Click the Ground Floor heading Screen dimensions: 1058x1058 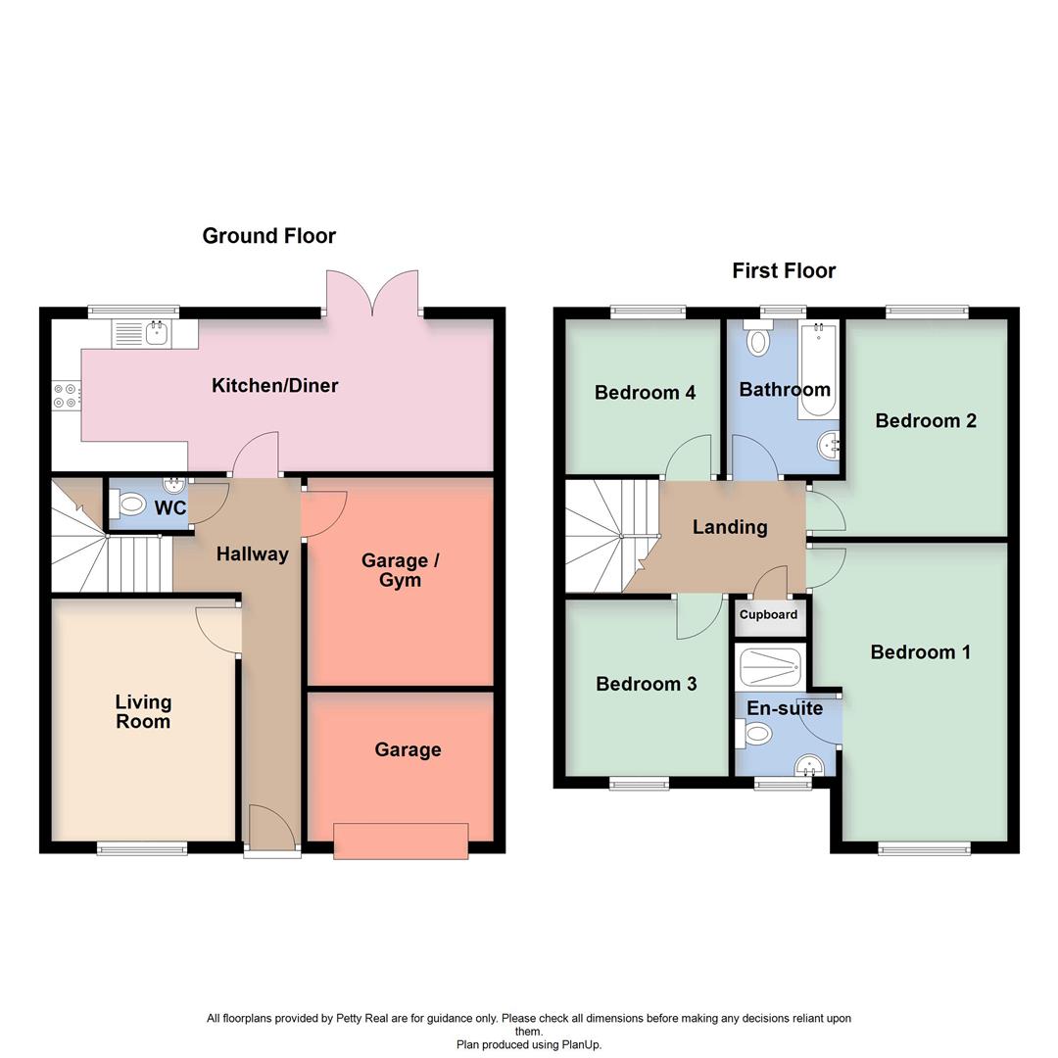pyautogui.click(x=268, y=236)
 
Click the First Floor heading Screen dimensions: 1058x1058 pyautogui.click(x=784, y=271)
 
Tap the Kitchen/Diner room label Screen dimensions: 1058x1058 pyautogui.click(x=274, y=386)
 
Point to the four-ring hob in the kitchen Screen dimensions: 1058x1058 pyautogui.click(x=66, y=396)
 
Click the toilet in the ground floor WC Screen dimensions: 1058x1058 pyautogui.click(x=129, y=505)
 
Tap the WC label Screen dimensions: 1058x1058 pyautogui.click(x=169, y=508)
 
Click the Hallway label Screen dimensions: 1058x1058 pyautogui.click(x=252, y=554)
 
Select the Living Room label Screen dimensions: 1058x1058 pyautogui.click(x=143, y=712)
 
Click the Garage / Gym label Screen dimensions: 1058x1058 pyautogui.click(x=400, y=570)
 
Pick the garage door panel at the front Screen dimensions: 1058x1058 pyautogui.click(x=401, y=842)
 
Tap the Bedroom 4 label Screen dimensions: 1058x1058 pyautogui.click(x=645, y=393)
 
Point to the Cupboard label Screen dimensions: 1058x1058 pyautogui.click(x=768, y=615)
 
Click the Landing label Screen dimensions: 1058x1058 pyautogui.click(x=730, y=527)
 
